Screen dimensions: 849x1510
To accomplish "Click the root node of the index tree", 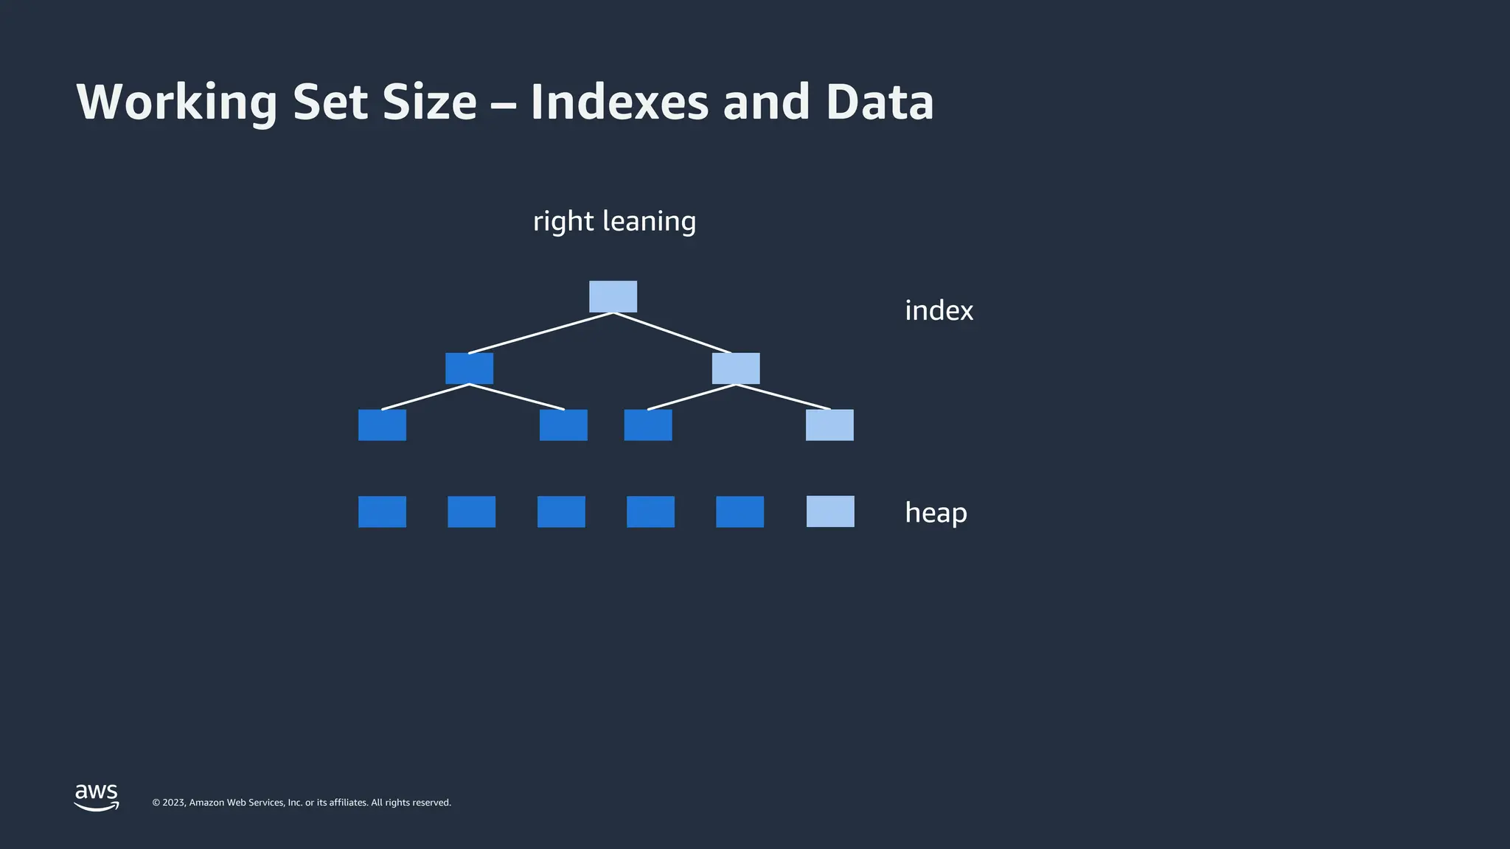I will coord(613,296).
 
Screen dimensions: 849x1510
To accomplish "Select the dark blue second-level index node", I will coord(469,368).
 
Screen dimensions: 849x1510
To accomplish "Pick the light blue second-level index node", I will coord(736,368).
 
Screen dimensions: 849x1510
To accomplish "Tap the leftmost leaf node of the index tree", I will coord(382,425).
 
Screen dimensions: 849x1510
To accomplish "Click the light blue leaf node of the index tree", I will coord(829,425).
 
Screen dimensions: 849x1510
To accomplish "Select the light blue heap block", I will coord(830,511).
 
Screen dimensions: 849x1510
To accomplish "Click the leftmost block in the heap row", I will coord(382,511).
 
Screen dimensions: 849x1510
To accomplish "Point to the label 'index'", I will coord(939,311).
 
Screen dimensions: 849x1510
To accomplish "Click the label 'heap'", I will coord(936,513).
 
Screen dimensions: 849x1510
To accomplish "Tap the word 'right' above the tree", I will coord(563,221).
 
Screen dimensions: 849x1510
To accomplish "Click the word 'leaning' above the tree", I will coord(649,221).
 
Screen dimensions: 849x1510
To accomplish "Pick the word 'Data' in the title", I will coord(880,102).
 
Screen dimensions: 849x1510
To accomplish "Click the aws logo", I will coord(97,797).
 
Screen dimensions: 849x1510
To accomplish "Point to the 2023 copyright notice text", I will coord(302,803).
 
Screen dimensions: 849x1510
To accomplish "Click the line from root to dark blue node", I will coord(540,333).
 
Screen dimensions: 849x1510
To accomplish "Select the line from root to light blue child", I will coord(672,333).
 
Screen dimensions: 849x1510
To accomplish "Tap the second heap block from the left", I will coord(471,511).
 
